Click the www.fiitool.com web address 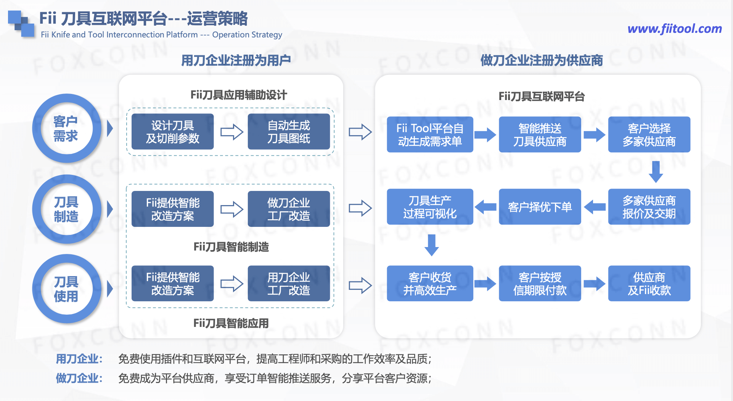tap(674, 29)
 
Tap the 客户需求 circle tap(66, 129)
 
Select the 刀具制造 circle tap(66, 209)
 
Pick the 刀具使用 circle tap(66, 289)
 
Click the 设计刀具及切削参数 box tap(172, 132)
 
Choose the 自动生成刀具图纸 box tap(289, 132)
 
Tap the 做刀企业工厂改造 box tap(289, 209)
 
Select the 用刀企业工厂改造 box tap(289, 283)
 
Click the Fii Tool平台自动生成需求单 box tap(430, 134)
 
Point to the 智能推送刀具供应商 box tap(540, 134)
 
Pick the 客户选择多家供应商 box tap(649, 134)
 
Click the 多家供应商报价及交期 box tap(649, 207)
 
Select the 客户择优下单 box tap(540, 207)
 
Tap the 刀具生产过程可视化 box tap(430, 207)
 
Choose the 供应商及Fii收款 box tap(649, 283)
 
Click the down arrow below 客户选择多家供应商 tap(656, 171)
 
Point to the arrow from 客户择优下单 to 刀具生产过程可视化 tap(486, 207)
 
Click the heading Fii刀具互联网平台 tap(542, 97)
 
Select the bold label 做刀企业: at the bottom tap(79, 378)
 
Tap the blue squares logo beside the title tap(21, 24)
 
